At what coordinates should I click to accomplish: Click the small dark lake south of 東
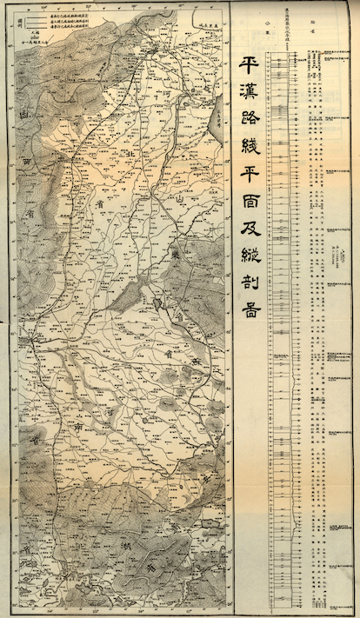pyautogui.click(x=158, y=302)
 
